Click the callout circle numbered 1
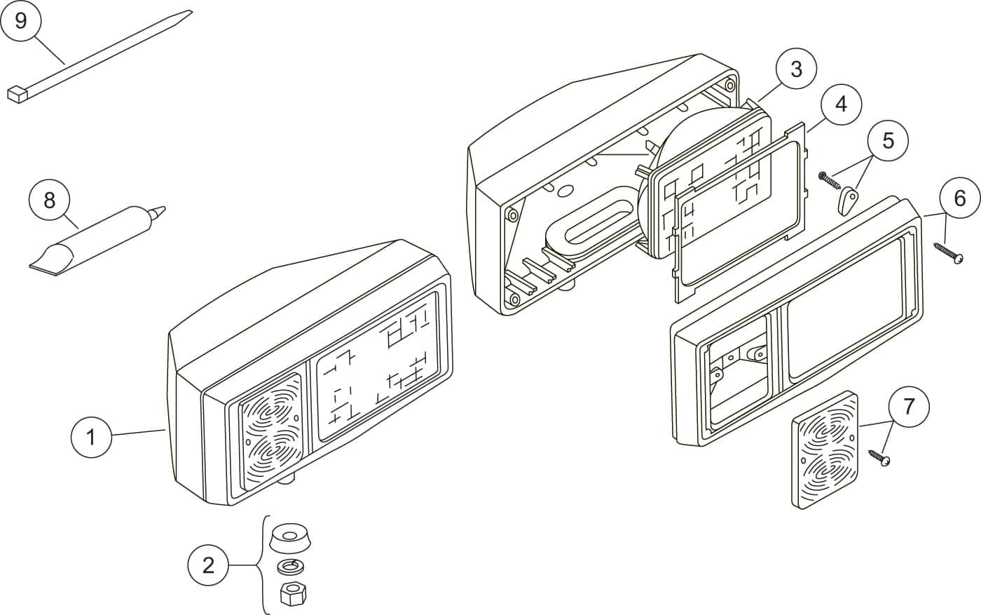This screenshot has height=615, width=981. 91,437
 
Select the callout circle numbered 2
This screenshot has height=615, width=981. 208,565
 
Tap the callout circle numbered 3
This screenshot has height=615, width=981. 796,69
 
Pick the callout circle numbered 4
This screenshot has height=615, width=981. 841,104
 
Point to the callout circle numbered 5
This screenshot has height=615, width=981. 888,140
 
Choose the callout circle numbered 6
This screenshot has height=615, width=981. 959,198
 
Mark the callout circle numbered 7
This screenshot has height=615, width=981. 909,406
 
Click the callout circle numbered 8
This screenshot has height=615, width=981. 50,201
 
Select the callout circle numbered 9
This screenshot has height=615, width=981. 20,20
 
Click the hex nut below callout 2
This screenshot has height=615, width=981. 293,593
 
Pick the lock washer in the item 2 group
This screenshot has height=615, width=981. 291,567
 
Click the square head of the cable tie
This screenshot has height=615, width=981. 18,94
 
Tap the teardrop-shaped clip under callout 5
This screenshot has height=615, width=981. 847,201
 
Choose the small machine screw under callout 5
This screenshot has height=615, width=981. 828,180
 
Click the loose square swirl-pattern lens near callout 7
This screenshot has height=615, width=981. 825,450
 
